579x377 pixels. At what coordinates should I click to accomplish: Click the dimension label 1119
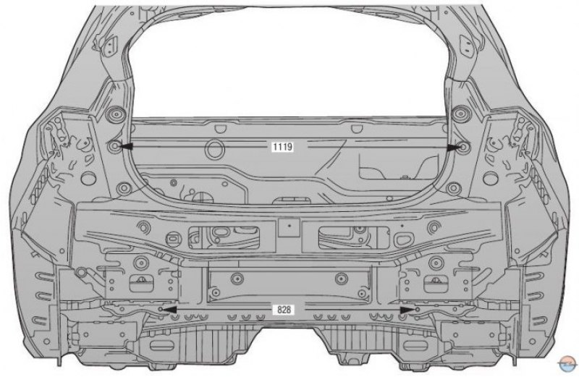[283, 147]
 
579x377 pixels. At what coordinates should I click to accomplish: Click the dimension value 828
[284, 310]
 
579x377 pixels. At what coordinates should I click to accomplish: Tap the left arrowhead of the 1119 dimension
[125, 147]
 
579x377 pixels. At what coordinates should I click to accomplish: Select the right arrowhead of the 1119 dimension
[453, 148]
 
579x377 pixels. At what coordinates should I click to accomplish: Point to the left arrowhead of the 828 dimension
[169, 309]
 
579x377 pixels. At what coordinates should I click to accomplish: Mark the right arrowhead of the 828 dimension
[407, 310]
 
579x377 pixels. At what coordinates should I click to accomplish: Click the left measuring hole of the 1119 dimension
[115, 146]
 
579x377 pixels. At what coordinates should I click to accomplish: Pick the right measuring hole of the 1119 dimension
[463, 148]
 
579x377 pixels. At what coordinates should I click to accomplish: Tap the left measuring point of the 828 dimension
[160, 309]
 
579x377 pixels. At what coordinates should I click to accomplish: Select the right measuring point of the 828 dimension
[418, 310]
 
